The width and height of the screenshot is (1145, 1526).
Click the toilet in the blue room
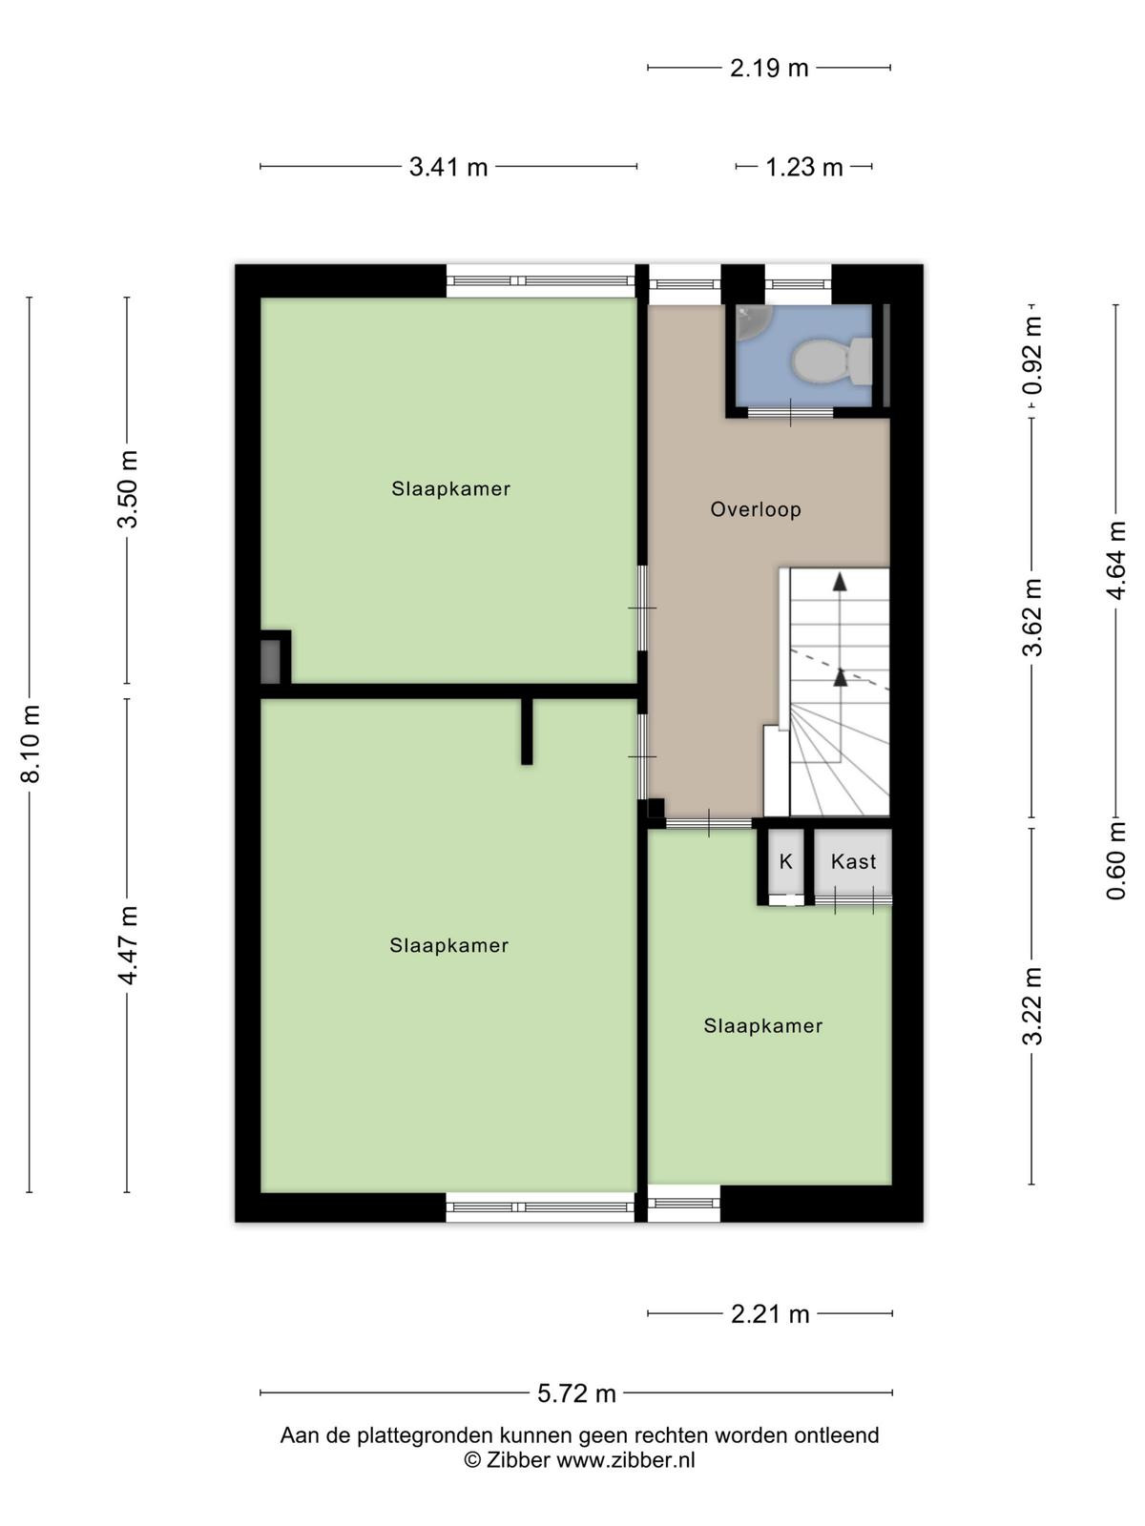pyautogui.click(x=832, y=361)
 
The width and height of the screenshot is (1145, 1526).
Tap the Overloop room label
pyautogui.click(x=756, y=509)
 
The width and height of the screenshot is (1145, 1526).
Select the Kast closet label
pyautogui.click(x=854, y=862)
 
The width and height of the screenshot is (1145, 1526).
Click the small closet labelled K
pyautogui.click(x=786, y=862)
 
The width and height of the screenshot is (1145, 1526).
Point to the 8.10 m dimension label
pyautogui.click(x=31, y=743)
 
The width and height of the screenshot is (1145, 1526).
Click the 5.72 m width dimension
pyautogui.click(x=577, y=1393)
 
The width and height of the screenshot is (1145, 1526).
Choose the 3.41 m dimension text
pyautogui.click(x=448, y=168)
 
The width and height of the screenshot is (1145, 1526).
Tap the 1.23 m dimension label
pyautogui.click(x=804, y=168)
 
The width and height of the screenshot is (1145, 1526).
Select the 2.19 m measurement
pyautogui.click(x=770, y=68)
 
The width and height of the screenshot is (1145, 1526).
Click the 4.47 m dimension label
pyautogui.click(x=129, y=945)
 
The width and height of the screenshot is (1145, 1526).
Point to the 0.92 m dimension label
pyautogui.click(x=1033, y=355)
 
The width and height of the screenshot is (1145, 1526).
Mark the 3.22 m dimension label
pyautogui.click(x=1033, y=1006)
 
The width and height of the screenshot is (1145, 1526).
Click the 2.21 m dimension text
pyautogui.click(x=770, y=1314)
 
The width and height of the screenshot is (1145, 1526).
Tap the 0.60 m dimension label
pyautogui.click(x=1116, y=860)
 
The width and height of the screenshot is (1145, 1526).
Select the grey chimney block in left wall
pyautogui.click(x=270, y=662)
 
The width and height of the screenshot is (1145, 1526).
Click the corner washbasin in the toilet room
pyautogui.click(x=752, y=321)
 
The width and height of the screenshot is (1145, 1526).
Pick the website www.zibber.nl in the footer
pyautogui.click(x=626, y=1460)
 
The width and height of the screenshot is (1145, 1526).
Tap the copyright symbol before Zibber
pyautogui.click(x=472, y=1460)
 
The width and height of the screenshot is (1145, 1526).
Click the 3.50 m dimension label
pyautogui.click(x=129, y=489)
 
